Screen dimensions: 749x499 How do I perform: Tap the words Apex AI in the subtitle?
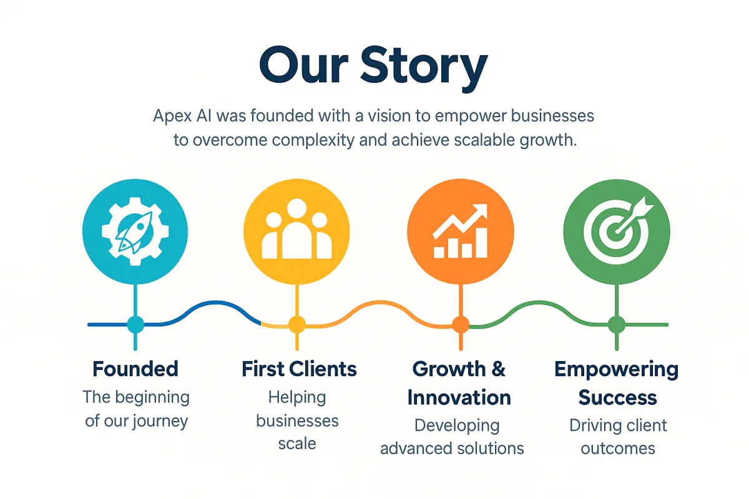[x=182, y=116]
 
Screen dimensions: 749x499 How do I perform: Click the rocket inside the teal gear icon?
[x=134, y=231]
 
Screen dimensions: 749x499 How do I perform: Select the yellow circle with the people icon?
[x=296, y=231]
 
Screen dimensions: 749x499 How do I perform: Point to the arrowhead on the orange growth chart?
[x=480, y=211]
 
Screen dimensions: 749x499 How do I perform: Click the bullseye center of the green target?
[x=616, y=231]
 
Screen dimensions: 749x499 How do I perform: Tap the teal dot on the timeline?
[x=135, y=324]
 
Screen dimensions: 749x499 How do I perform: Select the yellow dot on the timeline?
[x=297, y=324]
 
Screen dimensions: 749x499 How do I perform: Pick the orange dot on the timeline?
[x=461, y=324]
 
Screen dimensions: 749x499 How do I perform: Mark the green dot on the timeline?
[x=617, y=324]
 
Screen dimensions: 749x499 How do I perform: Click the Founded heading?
[x=135, y=369]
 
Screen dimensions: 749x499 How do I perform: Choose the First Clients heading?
[x=299, y=369]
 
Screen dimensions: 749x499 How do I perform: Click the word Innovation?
[x=459, y=397]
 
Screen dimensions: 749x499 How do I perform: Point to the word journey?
[x=160, y=422]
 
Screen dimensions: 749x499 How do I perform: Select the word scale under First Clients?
[x=297, y=444]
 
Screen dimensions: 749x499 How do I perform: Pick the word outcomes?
[x=618, y=449]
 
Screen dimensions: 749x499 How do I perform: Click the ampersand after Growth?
[x=498, y=369]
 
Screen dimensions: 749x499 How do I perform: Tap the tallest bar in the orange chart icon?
[x=481, y=243]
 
